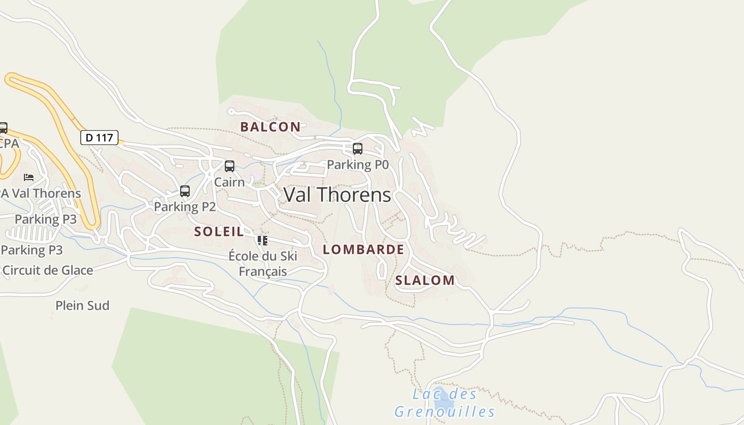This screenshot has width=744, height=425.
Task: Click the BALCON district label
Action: click(270, 126)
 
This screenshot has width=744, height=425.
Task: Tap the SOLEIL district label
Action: click(219, 231)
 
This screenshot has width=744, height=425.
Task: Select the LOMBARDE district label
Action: click(363, 249)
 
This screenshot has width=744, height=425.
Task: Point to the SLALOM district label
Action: click(425, 280)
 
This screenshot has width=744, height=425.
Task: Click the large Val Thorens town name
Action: click(337, 195)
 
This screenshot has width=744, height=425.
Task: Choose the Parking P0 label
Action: click(358, 165)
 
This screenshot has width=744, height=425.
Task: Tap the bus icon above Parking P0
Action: click(358, 149)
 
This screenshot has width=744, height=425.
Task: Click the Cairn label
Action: click(230, 182)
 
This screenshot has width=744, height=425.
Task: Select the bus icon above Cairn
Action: click(230, 166)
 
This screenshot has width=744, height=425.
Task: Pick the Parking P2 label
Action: click(185, 207)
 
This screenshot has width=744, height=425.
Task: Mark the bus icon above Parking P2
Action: click(185, 191)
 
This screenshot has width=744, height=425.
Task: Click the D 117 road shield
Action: click(99, 138)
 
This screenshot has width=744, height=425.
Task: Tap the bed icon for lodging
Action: click(29, 177)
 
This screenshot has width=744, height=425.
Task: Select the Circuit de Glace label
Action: click(48, 270)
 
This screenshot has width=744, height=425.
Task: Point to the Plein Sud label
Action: click(82, 305)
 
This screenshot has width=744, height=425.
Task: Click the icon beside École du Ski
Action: click(263, 241)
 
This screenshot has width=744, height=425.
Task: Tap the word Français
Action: click(263, 271)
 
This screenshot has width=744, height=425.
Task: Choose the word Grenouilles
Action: click(444, 412)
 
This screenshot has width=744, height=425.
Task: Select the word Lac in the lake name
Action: click(425, 394)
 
